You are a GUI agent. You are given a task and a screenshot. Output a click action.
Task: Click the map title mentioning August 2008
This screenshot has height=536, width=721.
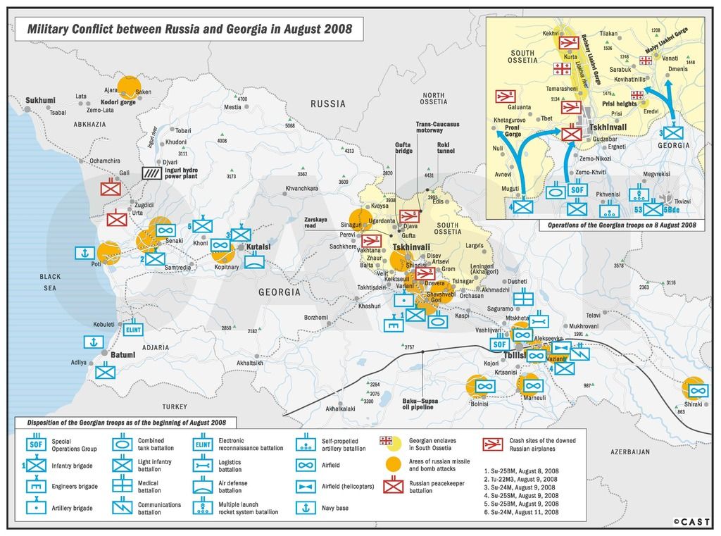click(x=189, y=30)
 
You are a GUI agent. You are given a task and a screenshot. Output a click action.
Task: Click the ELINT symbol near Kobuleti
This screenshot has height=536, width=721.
click(x=134, y=329)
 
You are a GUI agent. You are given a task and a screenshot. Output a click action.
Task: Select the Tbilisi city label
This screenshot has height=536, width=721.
click(x=514, y=355)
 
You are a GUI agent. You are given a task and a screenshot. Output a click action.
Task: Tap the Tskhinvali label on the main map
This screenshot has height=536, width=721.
click(x=412, y=248)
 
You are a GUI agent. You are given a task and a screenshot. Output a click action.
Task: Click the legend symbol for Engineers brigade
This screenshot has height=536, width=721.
click(x=37, y=486)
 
